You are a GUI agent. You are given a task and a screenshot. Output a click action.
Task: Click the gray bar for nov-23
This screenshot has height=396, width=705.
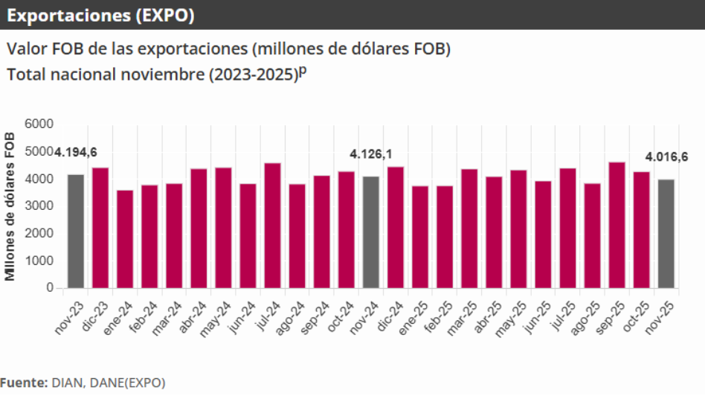pos(76,231)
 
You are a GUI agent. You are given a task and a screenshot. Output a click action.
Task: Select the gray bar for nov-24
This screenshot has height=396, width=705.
pos(371,231)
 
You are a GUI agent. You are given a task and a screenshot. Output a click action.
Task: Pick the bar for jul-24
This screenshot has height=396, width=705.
pos(272,225)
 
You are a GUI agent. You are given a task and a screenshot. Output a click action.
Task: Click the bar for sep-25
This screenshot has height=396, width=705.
pos(617,225)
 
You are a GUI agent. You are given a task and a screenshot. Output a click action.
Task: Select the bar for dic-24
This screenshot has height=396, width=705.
pos(396,227)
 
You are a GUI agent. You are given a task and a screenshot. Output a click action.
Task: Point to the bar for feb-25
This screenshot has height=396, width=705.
pos(445,237)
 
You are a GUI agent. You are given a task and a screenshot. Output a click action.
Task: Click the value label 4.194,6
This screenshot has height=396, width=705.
pos(75,153)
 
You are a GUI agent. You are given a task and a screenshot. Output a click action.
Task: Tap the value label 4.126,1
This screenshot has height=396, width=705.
pos(371,154)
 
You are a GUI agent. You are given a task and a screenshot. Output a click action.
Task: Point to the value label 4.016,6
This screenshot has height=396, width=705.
pos(666,156)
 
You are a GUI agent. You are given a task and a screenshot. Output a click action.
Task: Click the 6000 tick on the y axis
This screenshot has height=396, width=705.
pos(39,124)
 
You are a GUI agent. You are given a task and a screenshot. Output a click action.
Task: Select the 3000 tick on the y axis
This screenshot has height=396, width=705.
pos(39,206)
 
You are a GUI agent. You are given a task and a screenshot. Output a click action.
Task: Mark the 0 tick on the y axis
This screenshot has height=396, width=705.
pos(50,287)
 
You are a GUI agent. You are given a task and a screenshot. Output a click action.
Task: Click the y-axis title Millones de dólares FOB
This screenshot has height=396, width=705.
pos(10,206)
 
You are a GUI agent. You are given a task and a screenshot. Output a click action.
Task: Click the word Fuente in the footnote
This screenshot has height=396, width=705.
pos(22,383)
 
